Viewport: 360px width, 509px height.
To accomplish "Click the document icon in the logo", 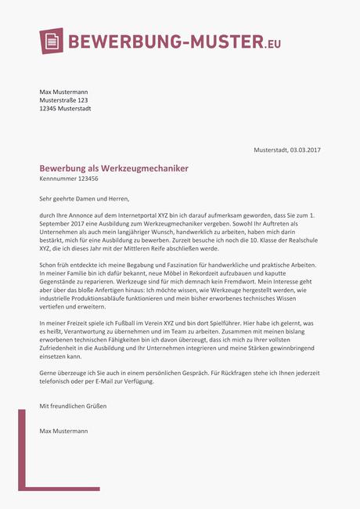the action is pos(51,41).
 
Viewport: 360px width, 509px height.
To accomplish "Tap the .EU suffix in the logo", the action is pos(272,43).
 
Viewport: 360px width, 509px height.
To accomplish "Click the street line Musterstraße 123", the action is pos(63,100).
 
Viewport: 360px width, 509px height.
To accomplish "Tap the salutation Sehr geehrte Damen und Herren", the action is pos(84,199).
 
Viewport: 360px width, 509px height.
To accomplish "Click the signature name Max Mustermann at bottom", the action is pos(64,431).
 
